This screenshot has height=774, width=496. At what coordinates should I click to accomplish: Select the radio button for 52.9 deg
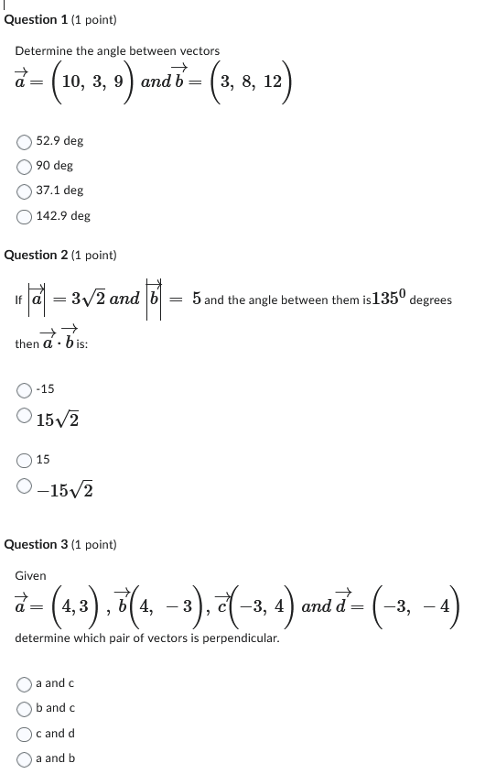(25, 141)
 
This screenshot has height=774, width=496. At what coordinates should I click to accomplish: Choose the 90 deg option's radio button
(25, 166)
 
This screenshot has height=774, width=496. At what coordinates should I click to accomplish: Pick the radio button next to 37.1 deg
(25, 191)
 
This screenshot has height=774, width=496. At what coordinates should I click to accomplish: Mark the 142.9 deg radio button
(25, 216)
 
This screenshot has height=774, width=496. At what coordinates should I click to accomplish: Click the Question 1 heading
(60, 19)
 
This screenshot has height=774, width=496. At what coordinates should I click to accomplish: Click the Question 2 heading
(60, 255)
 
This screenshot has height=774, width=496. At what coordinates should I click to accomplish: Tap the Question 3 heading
(60, 544)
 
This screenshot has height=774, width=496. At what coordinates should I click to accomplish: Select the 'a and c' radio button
(25, 683)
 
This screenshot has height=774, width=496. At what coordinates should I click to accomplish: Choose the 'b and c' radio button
(25, 708)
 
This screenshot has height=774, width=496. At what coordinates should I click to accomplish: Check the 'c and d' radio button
(25, 733)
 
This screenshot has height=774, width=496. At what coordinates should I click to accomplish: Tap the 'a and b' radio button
(25, 758)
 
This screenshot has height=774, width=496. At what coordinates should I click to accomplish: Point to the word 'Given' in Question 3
(30, 576)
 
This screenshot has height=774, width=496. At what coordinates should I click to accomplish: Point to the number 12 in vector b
(273, 82)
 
